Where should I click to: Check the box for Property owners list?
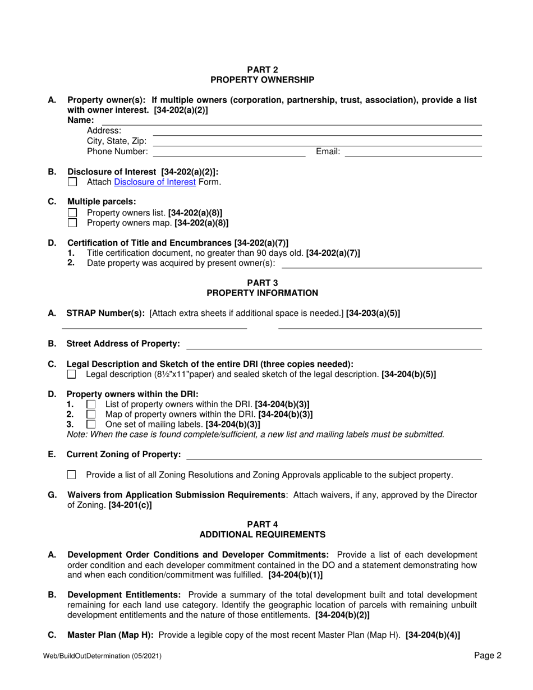coord(72,213)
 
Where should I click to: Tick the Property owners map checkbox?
coord(72,223)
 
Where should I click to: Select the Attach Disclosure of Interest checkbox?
coord(72,182)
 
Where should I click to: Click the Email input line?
coord(413,152)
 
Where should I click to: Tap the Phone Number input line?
coord(229,152)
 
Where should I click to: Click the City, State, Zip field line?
coord(318,141)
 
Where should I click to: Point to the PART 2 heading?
coord(266,70)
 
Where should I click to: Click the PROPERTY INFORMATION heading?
coord(263,293)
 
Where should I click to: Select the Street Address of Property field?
coord(334,344)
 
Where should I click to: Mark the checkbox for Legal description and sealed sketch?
coord(71,374)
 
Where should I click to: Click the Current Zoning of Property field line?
coord(334,455)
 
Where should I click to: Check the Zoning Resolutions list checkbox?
coord(71,475)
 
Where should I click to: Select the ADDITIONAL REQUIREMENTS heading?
coord(263,535)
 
